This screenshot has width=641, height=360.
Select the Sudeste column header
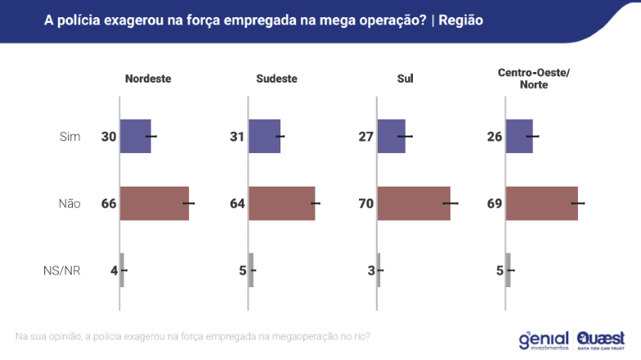[276, 79]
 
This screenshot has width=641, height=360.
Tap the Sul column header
[404, 79]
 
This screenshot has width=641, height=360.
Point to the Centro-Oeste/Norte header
[534, 79]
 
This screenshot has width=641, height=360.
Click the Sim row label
[70, 136]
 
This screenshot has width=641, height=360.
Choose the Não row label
[69, 204]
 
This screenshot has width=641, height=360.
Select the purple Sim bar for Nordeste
[136, 136]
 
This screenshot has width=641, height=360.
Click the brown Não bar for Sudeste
[282, 204]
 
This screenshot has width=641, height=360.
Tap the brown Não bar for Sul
[414, 204]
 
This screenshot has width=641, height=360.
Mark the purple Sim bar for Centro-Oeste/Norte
[520, 136]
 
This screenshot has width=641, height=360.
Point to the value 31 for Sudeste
[238, 136]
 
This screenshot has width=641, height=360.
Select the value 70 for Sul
[366, 204]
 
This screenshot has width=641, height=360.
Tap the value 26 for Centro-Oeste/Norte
[495, 136]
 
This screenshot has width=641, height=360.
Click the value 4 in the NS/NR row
[114, 270]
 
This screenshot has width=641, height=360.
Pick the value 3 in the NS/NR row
[371, 270]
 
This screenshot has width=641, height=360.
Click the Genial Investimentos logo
[543, 340]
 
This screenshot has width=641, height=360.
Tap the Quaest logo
[601, 340]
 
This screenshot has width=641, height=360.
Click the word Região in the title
[461, 20]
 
